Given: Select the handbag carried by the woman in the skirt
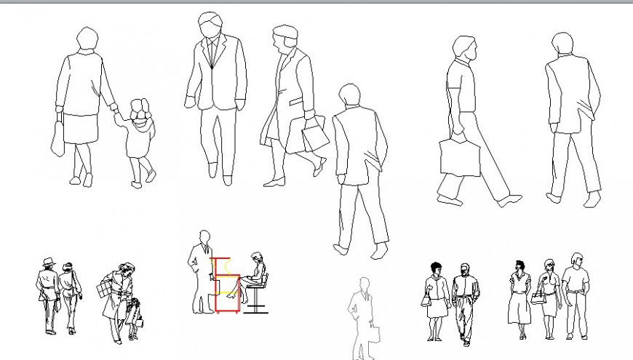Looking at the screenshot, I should [x=57, y=138].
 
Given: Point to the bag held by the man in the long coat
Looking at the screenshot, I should [x=309, y=135].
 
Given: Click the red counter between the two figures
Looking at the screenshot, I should [x=226, y=284].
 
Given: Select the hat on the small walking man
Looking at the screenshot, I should [x=49, y=261].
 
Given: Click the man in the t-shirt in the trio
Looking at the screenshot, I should [x=575, y=295].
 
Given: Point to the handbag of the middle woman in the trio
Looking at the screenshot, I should [x=538, y=297].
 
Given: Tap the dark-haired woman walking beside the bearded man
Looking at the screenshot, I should [x=436, y=298].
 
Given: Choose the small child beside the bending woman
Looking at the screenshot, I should [x=133, y=316].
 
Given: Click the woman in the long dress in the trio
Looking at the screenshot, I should [x=521, y=298].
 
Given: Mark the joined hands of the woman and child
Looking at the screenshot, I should [x=116, y=109].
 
